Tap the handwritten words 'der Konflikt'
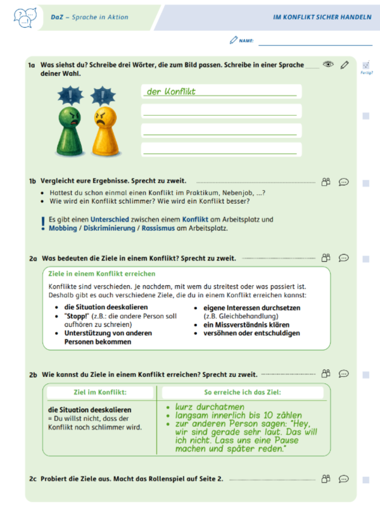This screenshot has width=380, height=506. [171, 92]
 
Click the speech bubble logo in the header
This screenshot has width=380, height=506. [22, 17]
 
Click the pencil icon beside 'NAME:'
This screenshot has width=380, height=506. [233, 40]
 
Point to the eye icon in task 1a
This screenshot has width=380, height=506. [327, 65]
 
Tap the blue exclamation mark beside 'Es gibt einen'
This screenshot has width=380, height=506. [42, 221]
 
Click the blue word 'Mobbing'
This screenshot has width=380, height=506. [63, 228]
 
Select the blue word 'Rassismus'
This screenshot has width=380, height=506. [160, 228]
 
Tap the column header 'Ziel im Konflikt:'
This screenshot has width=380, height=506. [101, 393]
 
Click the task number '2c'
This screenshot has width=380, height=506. [33, 478]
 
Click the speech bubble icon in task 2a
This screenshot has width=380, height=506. [343, 258]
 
